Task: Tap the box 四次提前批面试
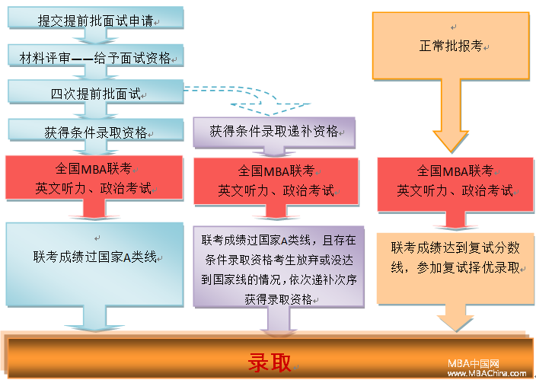96,91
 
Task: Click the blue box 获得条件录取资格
96,130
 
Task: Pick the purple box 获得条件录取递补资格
274,133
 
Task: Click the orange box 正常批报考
451,46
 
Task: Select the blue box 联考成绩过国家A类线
94,264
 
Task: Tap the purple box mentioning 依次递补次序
279,267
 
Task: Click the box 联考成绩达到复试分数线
455,268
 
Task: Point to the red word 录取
270,362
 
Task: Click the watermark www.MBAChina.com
487,373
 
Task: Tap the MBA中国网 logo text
474,363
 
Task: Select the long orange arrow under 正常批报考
451,116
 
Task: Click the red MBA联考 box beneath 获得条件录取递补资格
276,181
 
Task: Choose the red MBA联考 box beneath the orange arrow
455,184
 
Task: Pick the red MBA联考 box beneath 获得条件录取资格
94,177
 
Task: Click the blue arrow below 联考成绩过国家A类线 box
94,318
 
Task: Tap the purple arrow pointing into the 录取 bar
279,320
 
